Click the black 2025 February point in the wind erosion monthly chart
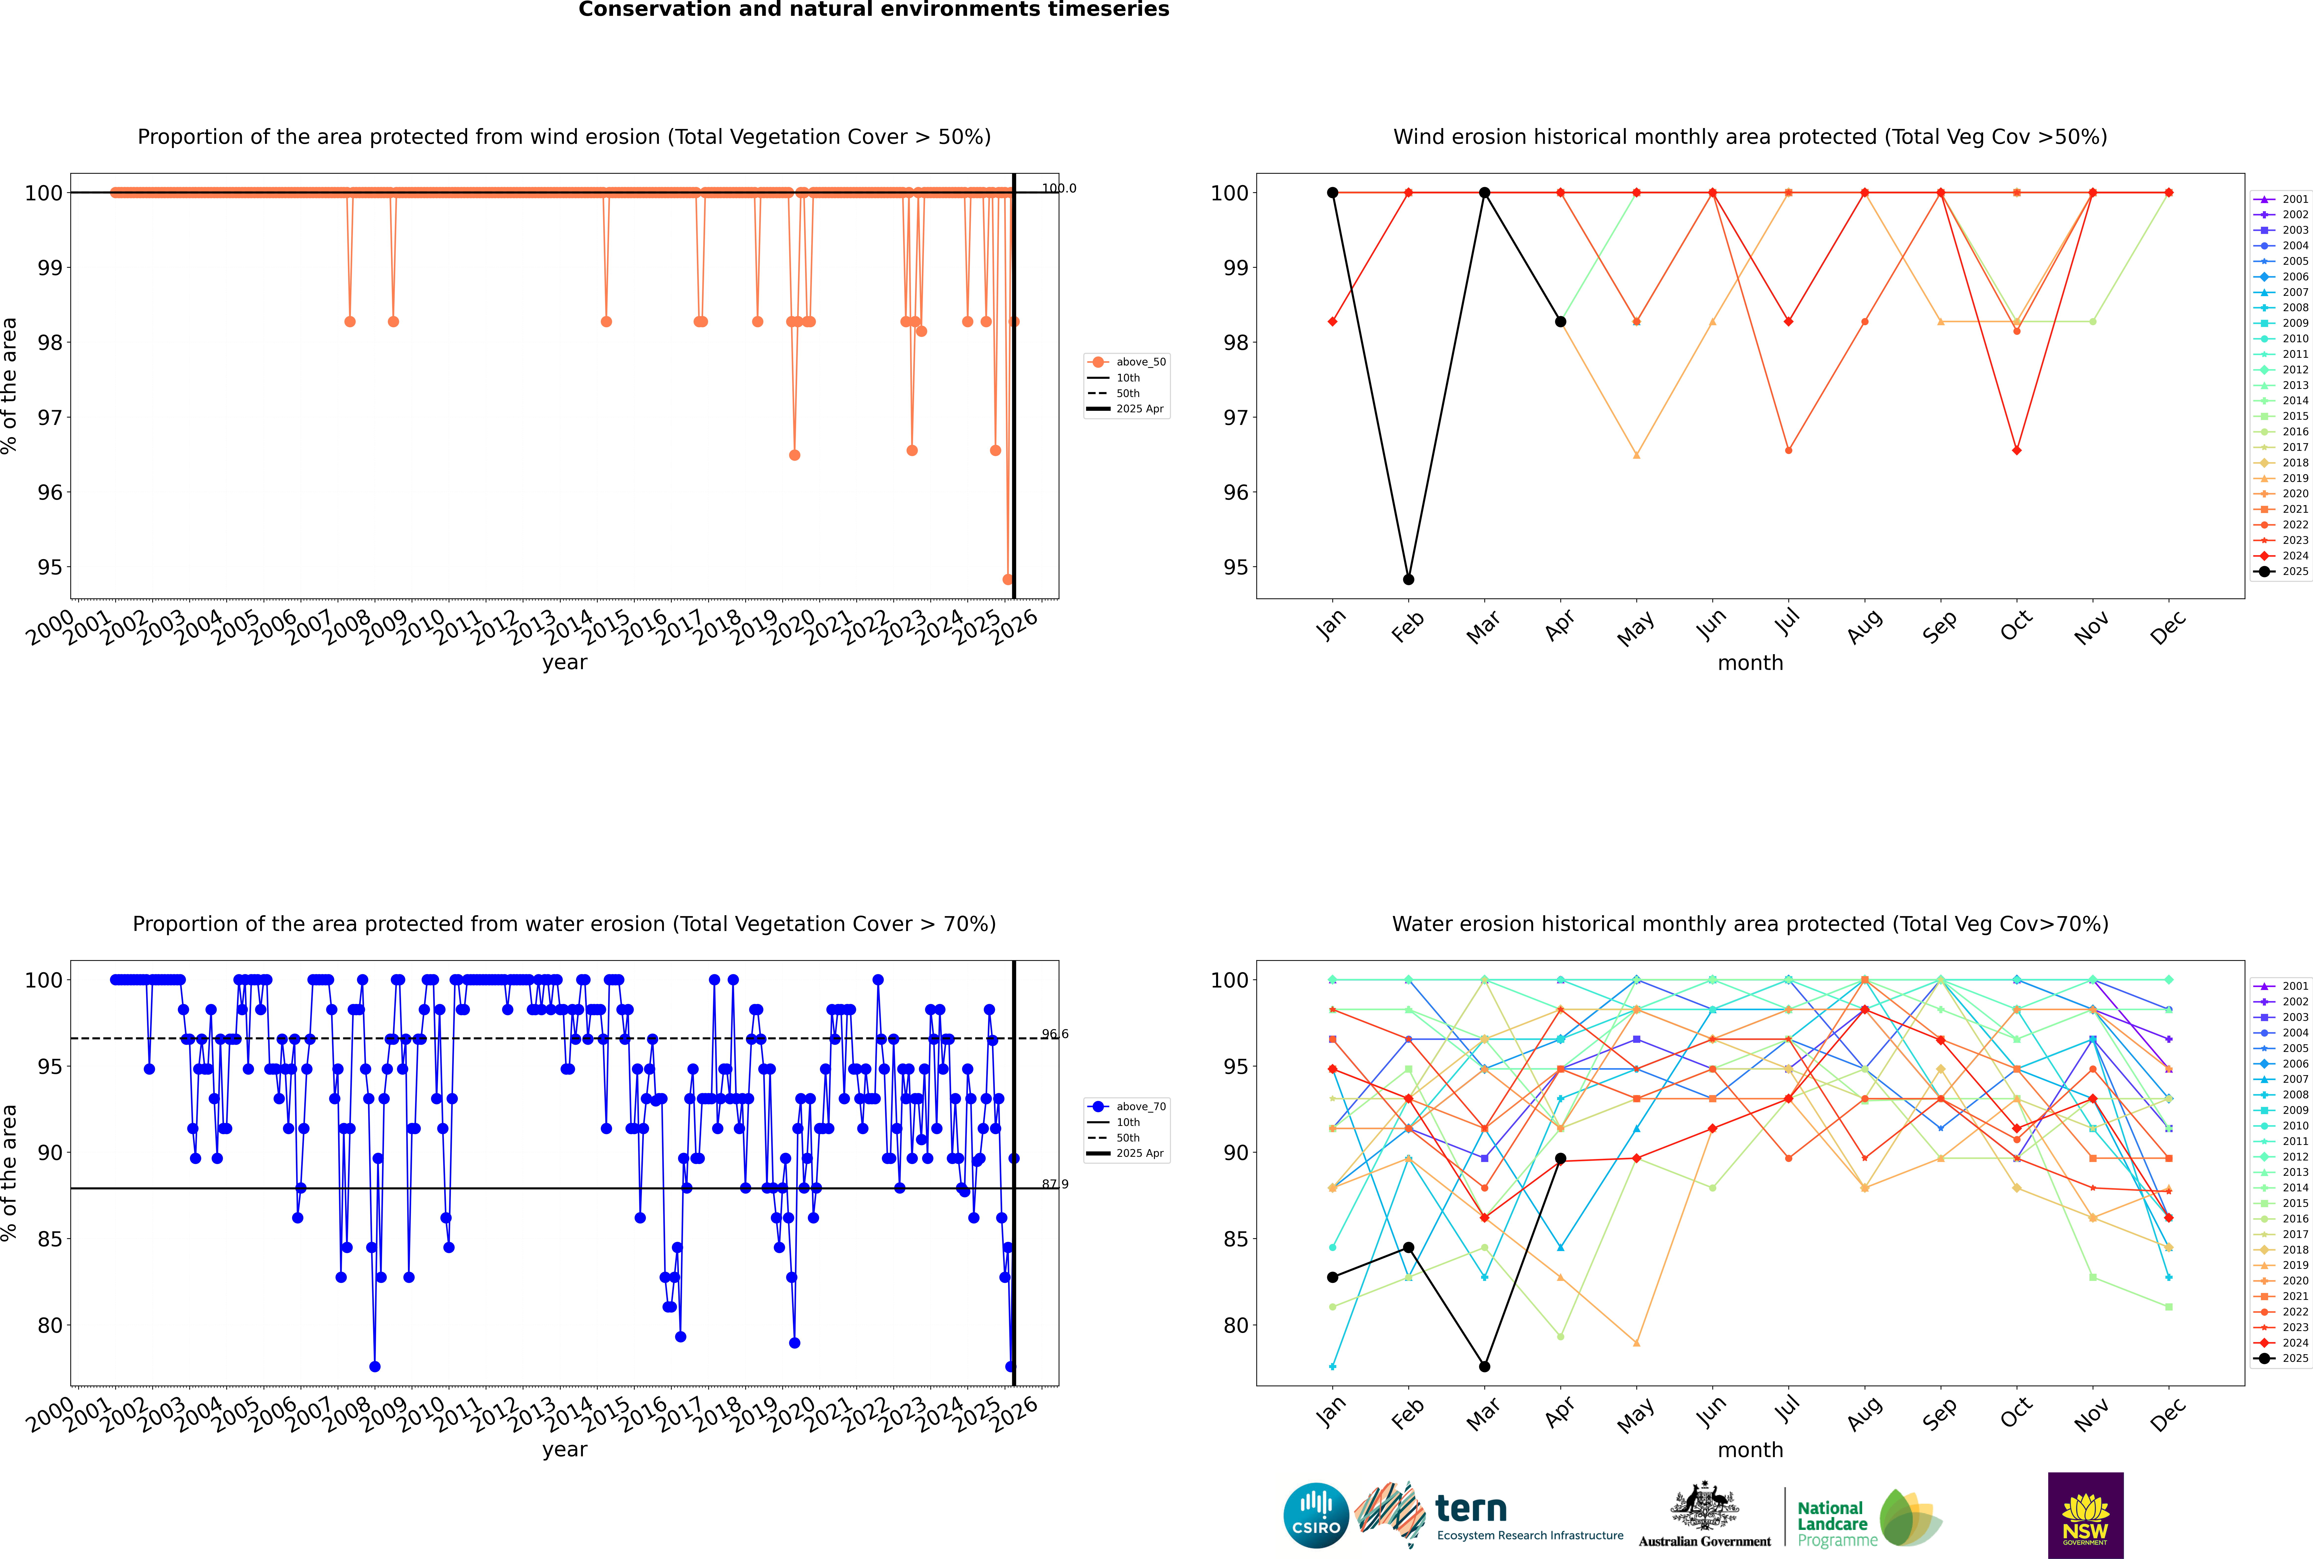pyautogui.click(x=1408, y=580)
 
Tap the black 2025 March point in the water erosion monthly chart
pyautogui.click(x=1485, y=1366)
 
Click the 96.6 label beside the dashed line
pyautogui.click(x=1055, y=1034)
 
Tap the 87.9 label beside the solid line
pyautogui.click(x=1055, y=1184)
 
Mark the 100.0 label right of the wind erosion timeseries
pyautogui.click(x=1058, y=188)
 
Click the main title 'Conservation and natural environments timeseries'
pyautogui.click(x=873, y=10)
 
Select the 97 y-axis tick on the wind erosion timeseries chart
pyautogui.click(x=50, y=418)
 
